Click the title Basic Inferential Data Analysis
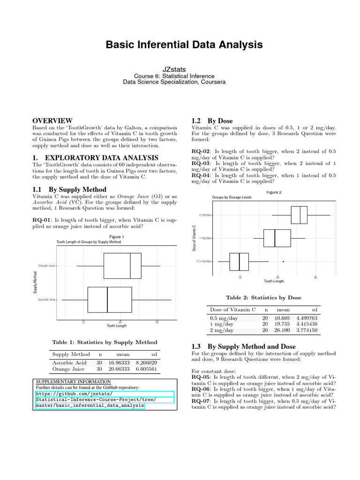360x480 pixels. pyautogui.click(x=180, y=45)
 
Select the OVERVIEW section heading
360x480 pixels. pyautogui.click(x=52, y=120)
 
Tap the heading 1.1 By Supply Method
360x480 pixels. pyautogui.click(x=69, y=188)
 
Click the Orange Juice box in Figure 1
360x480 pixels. pyautogui.click(x=122, y=266)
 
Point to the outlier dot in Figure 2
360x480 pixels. pyautogui.click(x=283, y=261)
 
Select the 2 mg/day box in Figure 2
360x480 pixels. pyautogui.click(x=299, y=215)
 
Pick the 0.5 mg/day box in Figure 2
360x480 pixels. pyautogui.click(x=239, y=261)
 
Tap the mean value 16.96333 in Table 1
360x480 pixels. pyautogui.click(x=119, y=362)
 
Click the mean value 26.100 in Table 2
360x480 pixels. pyautogui.click(x=283, y=330)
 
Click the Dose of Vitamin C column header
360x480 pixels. pyautogui.click(x=233, y=309)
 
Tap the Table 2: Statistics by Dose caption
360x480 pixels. pyautogui.click(x=264, y=297)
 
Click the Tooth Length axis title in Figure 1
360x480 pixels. pyautogui.click(x=117, y=325)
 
